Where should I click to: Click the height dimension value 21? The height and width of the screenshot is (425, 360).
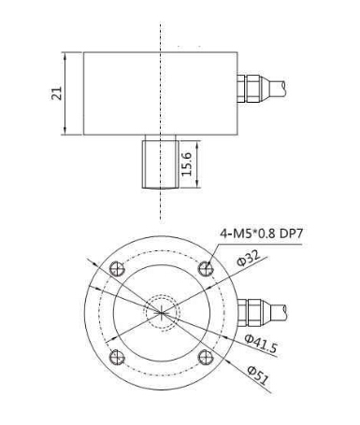coord(55,92)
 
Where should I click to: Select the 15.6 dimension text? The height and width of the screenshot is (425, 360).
coord(188,163)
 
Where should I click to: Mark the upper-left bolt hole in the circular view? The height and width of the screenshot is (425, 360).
coord(116,270)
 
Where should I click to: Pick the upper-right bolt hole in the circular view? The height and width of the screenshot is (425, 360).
coord(206,270)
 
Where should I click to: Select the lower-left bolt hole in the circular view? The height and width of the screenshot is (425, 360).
coord(116,358)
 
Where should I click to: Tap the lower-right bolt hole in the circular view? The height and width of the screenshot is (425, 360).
coord(206,358)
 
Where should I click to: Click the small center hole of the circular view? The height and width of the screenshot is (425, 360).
coord(161,314)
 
